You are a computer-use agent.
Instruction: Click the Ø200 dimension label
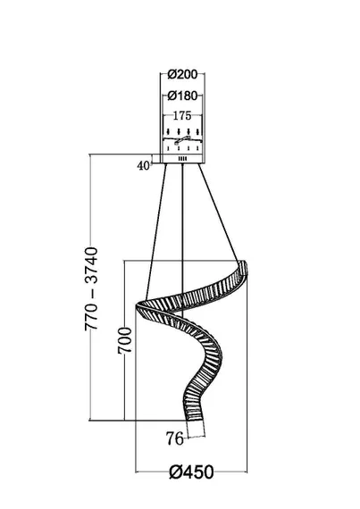tap(182, 75)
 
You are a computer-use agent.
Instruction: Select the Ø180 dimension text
tap(182, 96)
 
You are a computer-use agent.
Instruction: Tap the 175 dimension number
tap(182, 116)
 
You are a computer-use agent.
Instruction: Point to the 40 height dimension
tap(144, 165)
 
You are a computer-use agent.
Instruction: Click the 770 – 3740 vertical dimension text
tap(91, 289)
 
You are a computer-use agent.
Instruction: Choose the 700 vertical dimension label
tap(125, 340)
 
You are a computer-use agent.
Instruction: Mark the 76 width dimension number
tap(175, 438)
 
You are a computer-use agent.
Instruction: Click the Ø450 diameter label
tap(191, 472)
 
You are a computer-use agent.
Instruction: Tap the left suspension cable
tap(156, 232)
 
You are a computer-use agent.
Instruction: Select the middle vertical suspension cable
tap(183, 240)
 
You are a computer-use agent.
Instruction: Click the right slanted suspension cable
tap(219, 212)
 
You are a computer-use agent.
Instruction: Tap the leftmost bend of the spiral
tap(138, 306)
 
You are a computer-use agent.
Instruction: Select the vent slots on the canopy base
tap(183, 159)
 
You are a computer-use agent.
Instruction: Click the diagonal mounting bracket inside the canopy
tap(182, 140)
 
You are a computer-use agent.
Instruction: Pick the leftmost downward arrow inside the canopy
tap(168, 132)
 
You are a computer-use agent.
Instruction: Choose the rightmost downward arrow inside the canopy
tap(197, 132)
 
